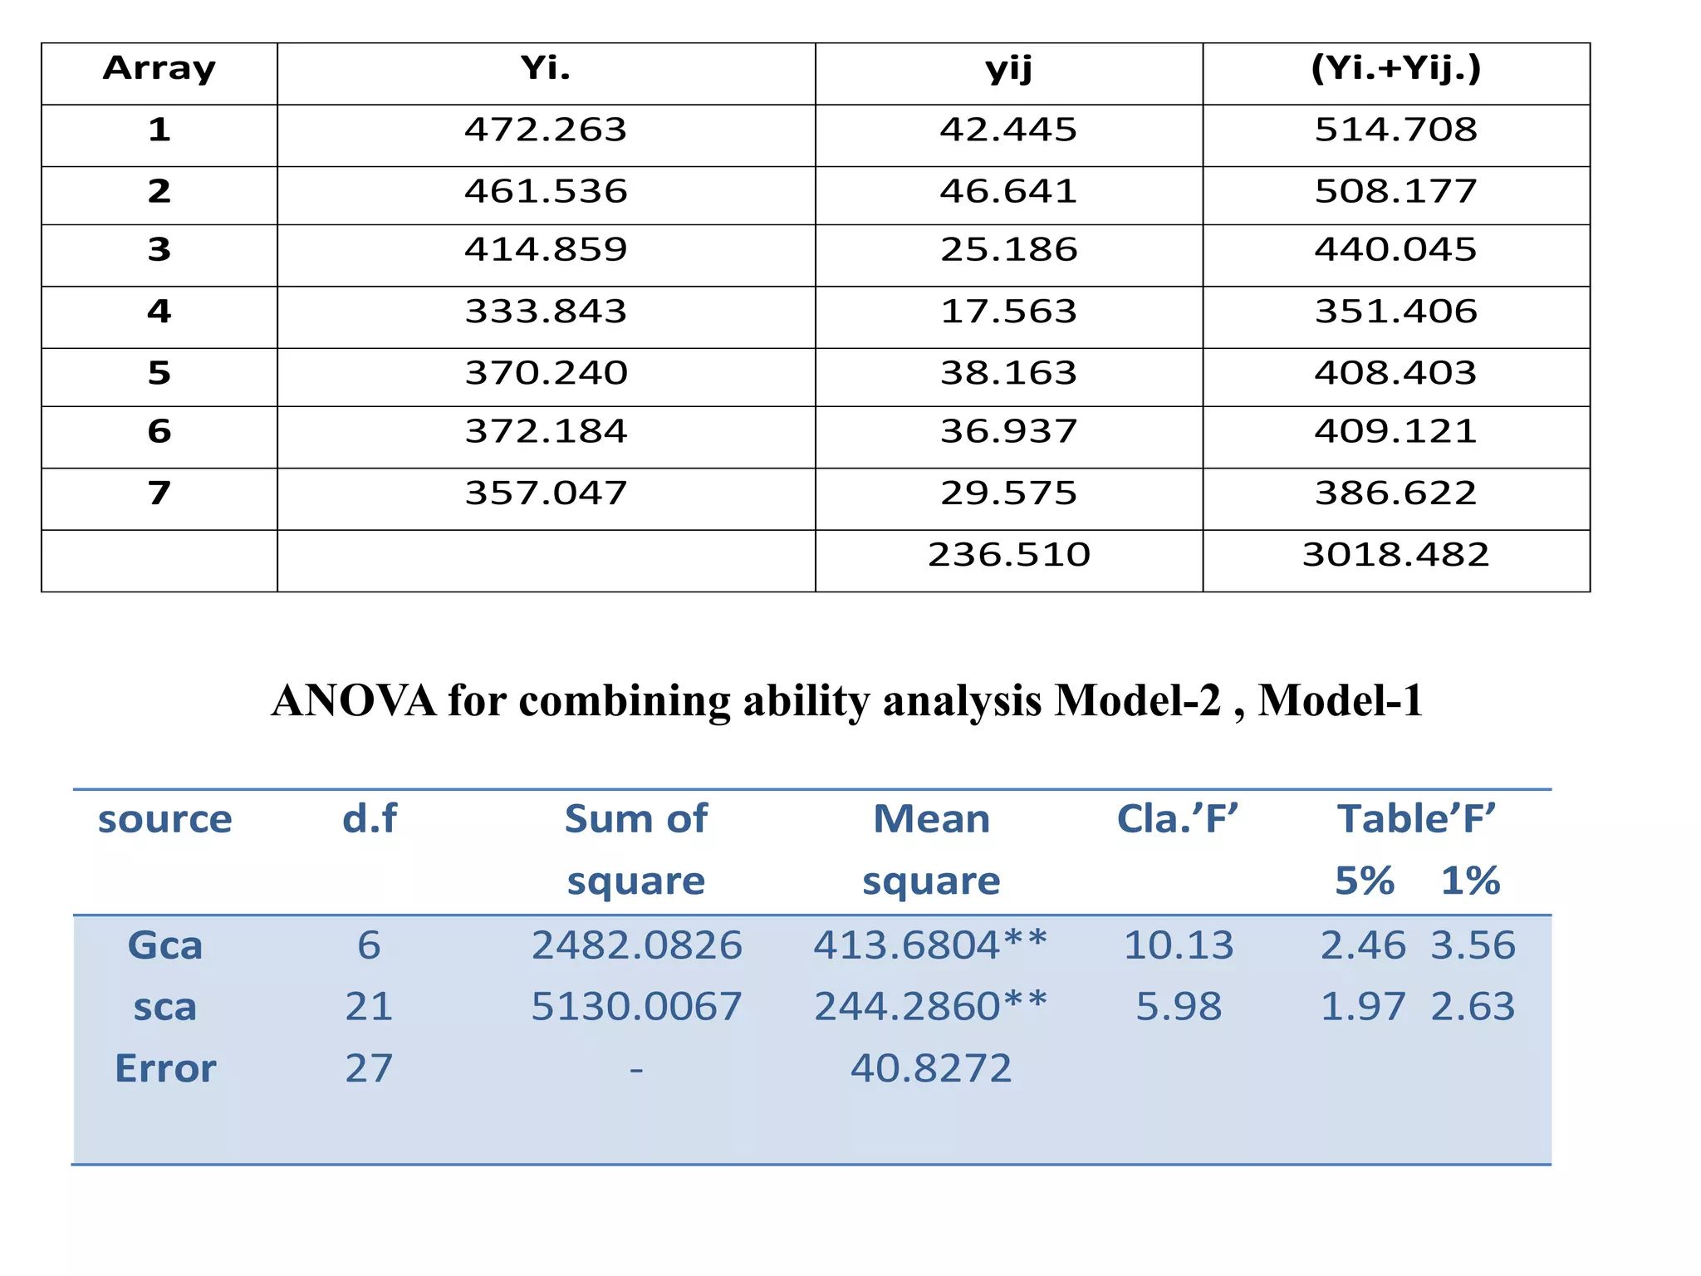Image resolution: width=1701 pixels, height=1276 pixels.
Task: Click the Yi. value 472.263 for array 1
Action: (x=546, y=130)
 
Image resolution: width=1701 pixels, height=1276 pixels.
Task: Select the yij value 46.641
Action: (x=1008, y=191)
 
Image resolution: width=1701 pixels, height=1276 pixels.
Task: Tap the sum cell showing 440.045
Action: (x=1395, y=249)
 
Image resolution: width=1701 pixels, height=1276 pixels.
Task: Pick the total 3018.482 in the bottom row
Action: (x=1395, y=554)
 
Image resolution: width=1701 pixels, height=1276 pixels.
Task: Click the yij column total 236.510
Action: (x=1008, y=554)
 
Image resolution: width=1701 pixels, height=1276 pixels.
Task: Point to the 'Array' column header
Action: (x=159, y=68)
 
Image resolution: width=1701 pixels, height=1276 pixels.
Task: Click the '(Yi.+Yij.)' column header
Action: (x=1395, y=68)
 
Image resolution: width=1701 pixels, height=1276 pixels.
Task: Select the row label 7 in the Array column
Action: (x=159, y=493)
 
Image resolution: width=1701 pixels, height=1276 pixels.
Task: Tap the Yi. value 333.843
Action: (x=546, y=311)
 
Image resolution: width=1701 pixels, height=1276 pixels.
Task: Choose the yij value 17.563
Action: (x=1008, y=311)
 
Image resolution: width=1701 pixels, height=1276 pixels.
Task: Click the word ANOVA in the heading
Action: (x=354, y=700)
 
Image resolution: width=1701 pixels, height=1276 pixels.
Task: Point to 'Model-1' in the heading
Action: (x=1340, y=700)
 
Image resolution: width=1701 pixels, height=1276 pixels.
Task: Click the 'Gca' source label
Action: (x=164, y=945)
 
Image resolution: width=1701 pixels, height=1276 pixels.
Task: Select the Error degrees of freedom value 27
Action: (x=369, y=1068)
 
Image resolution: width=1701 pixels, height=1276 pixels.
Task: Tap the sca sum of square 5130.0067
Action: (x=636, y=1007)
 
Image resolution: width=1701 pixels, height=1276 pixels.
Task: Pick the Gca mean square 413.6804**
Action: (x=930, y=945)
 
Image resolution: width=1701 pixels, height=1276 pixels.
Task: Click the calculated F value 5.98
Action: (x=1179, y=1007)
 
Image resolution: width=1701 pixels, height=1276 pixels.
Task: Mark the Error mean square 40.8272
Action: (x=930, y=1068)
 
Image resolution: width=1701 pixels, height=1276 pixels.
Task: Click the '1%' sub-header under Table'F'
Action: (x=1470, y=881)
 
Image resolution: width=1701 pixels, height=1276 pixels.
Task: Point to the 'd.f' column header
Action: (x=370, y=819)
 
